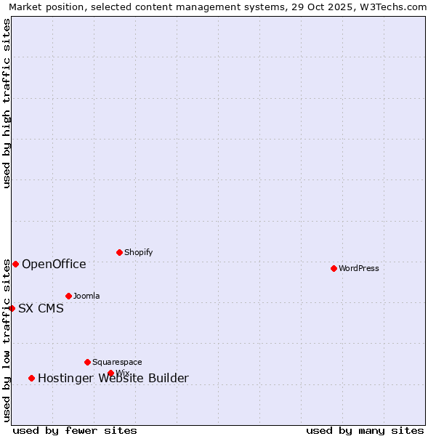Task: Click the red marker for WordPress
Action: click(x=334, y=268)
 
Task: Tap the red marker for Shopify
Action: click(x=119, y=252)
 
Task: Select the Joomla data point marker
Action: click(x=68, y=296)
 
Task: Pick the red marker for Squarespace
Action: click(x=87, y=362)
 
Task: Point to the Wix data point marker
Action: click(x=110, y=373)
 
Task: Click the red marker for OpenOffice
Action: click(x=15, y=264)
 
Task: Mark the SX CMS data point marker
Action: click(x=12, y=308)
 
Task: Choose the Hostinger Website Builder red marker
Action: click(x=31, y=378)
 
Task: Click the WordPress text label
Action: click(x=359, y=268)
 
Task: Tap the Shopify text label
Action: click(x=138, y=252)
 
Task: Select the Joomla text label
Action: click(x=86, y=296)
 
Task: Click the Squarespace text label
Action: click(x=117, y=362)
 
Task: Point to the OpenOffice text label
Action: click(x=54, y=264)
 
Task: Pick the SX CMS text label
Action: click(x=41, y=308)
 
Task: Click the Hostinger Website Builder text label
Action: click(x=113, y=378)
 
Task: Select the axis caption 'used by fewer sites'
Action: click(x=75, y=430)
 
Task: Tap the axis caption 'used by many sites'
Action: click(x=365, y=430)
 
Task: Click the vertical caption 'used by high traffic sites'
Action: click(x=7, y=103)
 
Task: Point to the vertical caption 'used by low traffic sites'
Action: click(x=7, y=340)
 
